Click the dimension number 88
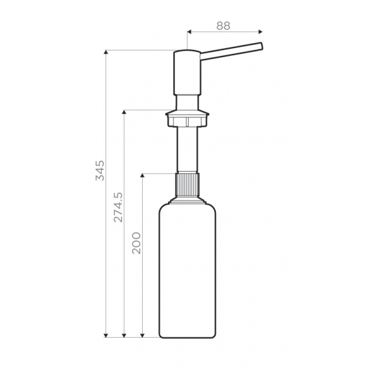223,26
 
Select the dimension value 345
100,170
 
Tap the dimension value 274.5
118,207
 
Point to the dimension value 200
137,243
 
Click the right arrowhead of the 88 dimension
260,31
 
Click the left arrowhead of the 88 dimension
189,31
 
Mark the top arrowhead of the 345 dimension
106,52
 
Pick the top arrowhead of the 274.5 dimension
124,112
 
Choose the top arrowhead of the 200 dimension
142,175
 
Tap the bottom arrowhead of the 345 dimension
106,335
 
